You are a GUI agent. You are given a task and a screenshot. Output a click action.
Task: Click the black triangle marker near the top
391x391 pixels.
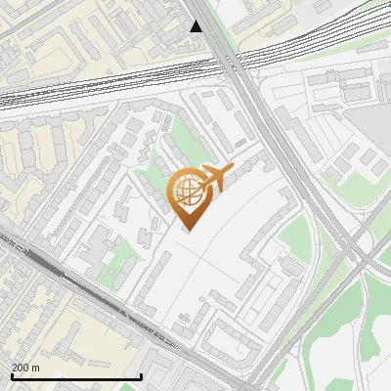[x=196, y=26]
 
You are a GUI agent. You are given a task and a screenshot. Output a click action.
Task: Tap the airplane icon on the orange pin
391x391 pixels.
[x=215, y=177]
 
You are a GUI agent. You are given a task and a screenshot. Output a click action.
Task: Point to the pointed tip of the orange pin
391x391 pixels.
[x=187, y=231]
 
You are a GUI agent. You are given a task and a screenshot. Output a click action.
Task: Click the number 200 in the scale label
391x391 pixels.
[x=22, y=368]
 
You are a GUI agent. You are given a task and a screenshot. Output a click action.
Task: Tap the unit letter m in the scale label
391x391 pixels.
[x=37, y=368]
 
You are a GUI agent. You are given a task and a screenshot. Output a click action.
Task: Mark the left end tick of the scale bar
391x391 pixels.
[x=11, y=375]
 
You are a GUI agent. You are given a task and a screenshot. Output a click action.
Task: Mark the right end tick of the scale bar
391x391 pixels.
[x=142, y=375]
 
